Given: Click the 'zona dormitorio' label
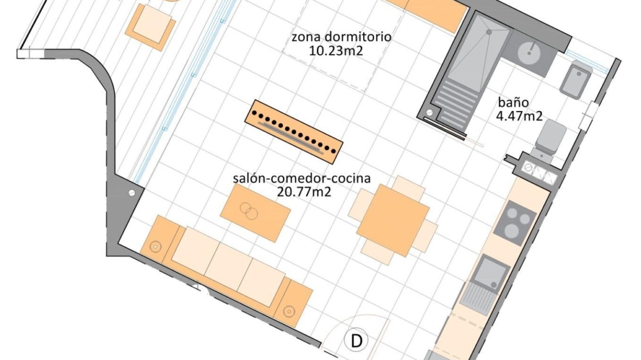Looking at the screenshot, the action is click(341, 37).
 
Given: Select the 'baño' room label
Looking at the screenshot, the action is click(513, 102).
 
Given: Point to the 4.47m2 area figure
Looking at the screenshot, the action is click(519, 116).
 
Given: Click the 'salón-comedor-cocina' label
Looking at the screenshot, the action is click(301, 179).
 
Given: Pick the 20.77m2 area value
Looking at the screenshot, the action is click(304, 192).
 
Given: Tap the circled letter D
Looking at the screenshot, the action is click(356, 341).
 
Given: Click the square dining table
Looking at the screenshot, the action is click(393, 220).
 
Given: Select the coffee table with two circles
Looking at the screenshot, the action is click(255, 212).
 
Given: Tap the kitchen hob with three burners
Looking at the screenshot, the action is click(515, 223).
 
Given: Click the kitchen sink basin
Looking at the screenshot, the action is click(493, 273).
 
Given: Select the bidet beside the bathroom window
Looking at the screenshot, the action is click(576, 79).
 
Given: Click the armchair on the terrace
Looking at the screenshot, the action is click(150, 27).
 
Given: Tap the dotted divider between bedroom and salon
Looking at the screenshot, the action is click(293, 132).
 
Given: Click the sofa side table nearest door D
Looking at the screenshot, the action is click(293, 304).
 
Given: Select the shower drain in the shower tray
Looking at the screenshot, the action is click(489, 32).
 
